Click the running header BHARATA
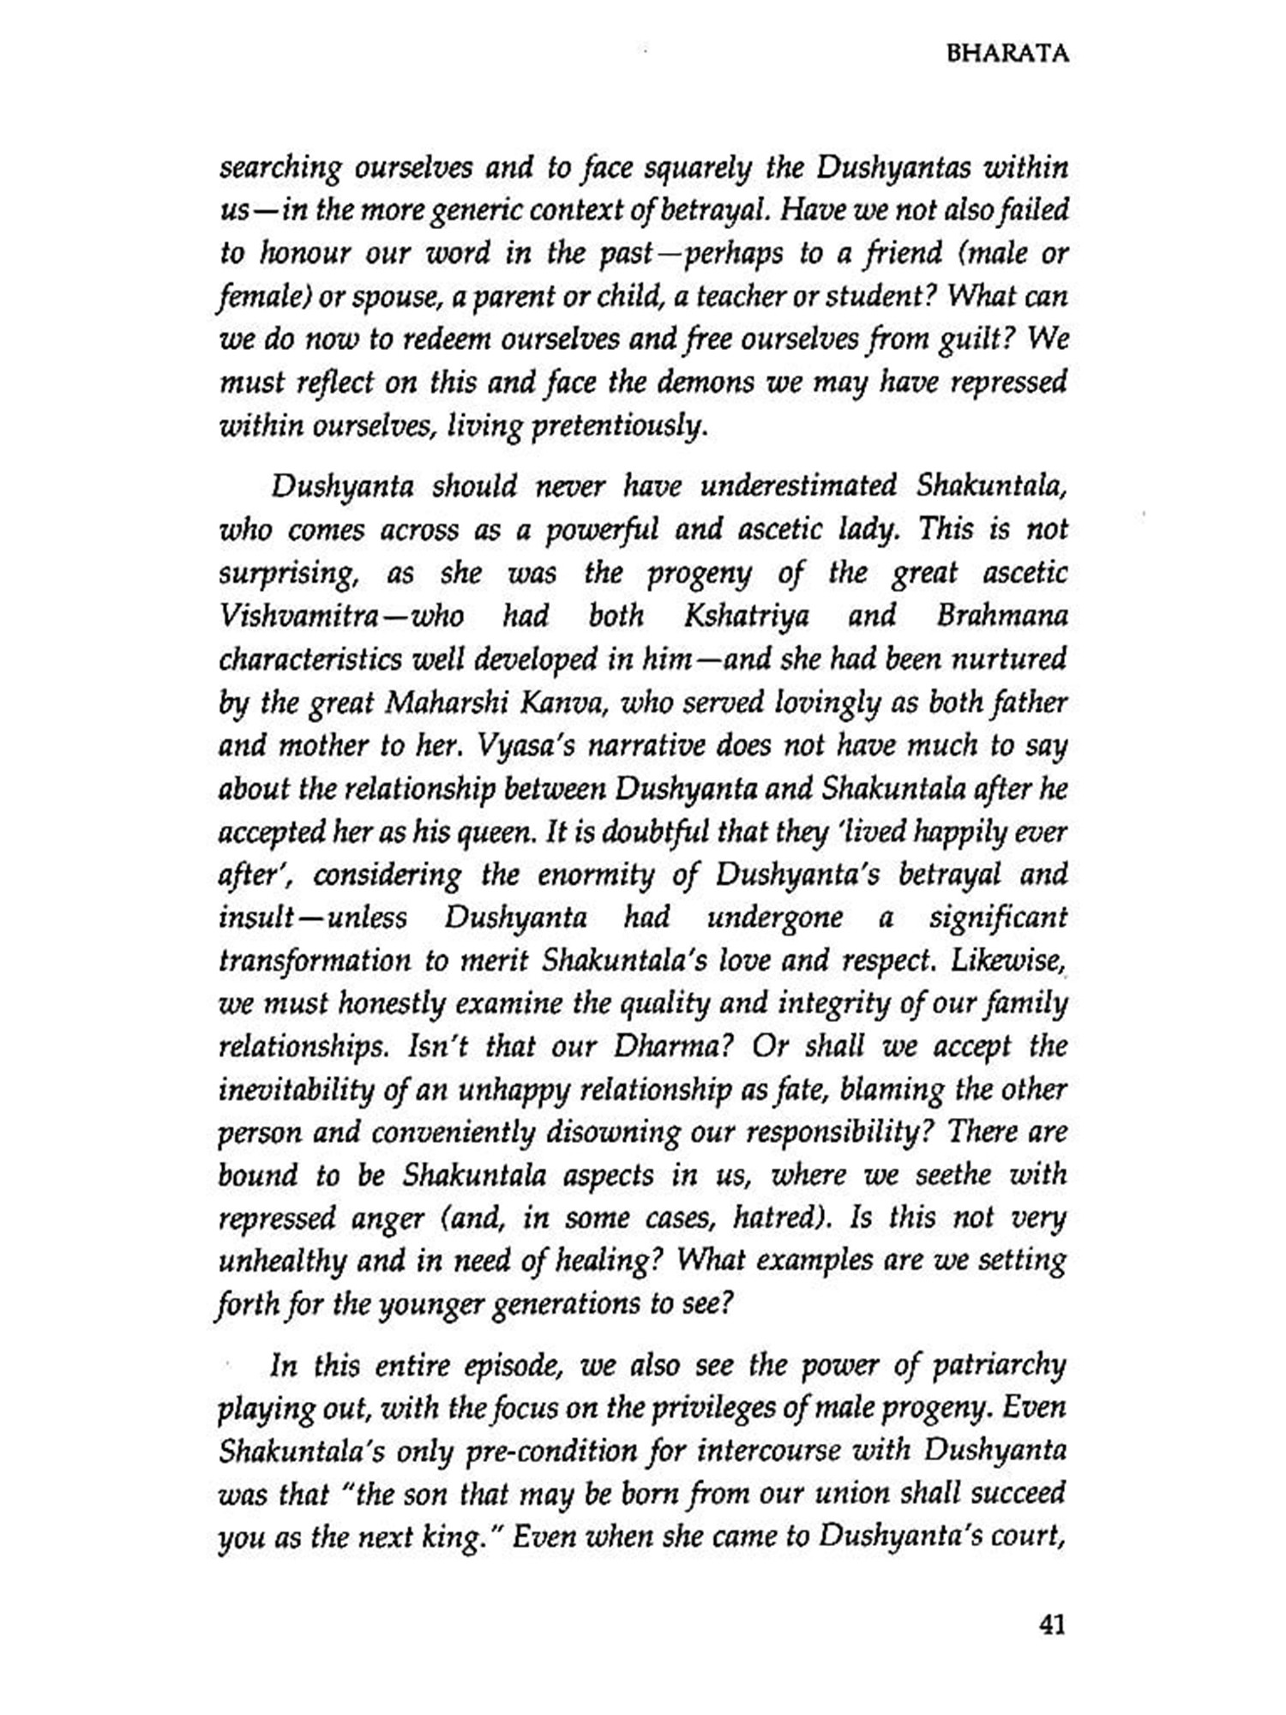click(1007, 55)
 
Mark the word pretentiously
click(621, 426)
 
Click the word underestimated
click(799, 487)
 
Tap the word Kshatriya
click(747, 616)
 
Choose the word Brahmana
click(1001, 616)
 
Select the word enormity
click(592, 875)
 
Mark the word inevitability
click(299, 1090)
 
